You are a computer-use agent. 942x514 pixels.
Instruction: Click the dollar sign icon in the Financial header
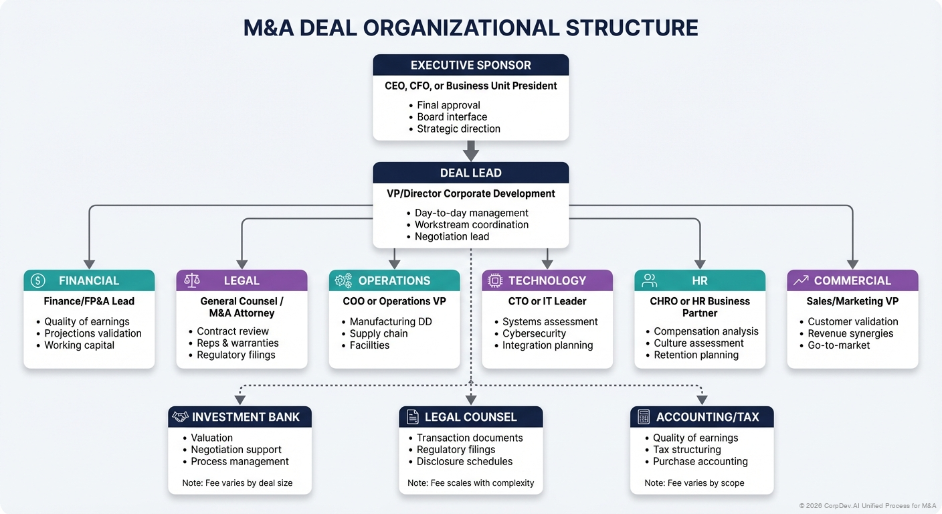point(38,280)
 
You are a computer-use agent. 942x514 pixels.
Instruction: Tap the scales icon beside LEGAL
point(191,280)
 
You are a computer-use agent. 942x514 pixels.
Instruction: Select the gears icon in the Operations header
point(343,280)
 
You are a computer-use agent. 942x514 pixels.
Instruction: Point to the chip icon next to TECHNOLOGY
point(496,280)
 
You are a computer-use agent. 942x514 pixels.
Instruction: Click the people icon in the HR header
point(649,280)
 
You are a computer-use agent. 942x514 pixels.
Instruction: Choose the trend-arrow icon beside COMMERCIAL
point(801,280)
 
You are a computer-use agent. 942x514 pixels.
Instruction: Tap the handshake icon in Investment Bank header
point(180,417)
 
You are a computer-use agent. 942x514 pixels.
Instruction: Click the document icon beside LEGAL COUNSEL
point(412,417)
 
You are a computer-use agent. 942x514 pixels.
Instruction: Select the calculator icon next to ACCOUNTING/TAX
point(644,417)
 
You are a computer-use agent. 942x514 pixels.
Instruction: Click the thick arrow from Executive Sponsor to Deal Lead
point(471,151)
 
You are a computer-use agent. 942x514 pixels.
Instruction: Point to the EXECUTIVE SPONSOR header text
point(471,65)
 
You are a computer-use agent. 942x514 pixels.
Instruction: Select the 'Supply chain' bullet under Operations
point(378,333)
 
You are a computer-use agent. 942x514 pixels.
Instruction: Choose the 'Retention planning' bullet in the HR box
point(696,355)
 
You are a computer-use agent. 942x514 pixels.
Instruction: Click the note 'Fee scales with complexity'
point(471,483)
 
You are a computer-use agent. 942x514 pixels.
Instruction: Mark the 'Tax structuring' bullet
point(686,450)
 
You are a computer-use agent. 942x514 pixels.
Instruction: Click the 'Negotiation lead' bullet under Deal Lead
point(452,236)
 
